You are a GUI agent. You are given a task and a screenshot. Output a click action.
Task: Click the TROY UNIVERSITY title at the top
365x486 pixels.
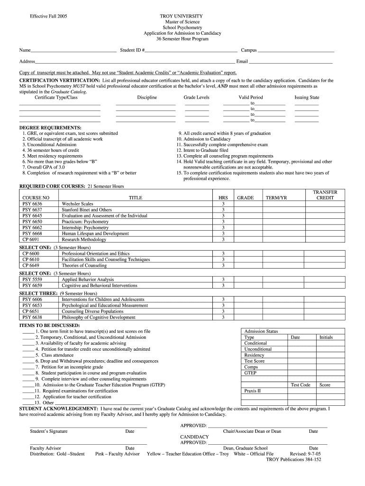(182, 16)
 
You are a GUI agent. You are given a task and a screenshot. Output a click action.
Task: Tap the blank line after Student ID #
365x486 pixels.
(192, 50)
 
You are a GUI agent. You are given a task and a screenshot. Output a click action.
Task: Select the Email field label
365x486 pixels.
(242, 61)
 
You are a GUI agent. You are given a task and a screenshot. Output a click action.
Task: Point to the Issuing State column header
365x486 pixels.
(307, 97)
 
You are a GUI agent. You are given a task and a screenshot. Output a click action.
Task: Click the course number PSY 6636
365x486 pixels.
(32, 204)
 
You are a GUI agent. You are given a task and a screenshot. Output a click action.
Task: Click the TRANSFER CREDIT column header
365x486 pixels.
(325, 195)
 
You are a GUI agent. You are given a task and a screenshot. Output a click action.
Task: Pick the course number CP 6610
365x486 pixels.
(31, 260)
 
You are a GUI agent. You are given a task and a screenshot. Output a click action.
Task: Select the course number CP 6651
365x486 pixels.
(31, 311)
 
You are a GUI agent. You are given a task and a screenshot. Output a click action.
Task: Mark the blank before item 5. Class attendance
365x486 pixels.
(28, 355)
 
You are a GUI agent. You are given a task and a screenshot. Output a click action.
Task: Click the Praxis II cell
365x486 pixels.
(252, 391)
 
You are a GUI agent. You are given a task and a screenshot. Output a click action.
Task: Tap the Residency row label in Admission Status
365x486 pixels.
(254, 355)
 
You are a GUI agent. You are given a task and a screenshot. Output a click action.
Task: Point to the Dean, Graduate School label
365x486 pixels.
(245, 448)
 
